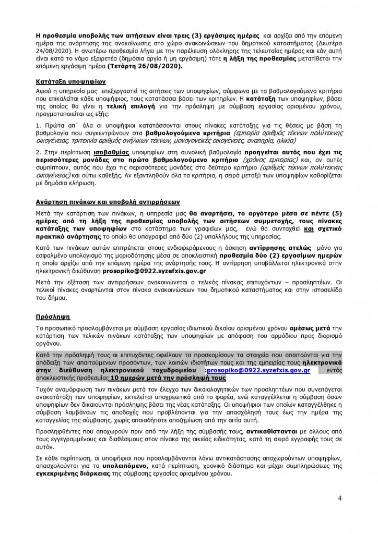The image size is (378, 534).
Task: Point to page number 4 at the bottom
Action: (340, 498)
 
